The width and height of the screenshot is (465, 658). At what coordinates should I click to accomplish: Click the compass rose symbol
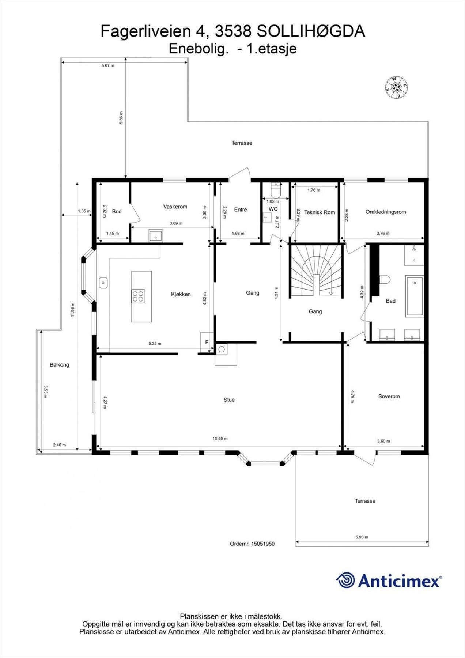click(396, 87)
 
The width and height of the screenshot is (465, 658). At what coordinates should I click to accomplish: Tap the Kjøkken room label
click(181, 294)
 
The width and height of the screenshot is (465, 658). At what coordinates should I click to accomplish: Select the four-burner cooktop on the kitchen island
click(138, 296)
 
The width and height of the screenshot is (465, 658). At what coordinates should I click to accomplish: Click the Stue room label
click(229, 400)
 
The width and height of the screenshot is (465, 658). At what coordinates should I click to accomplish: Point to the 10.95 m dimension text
click(220, 439)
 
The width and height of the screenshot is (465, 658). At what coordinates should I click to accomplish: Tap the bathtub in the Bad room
click(414, 296)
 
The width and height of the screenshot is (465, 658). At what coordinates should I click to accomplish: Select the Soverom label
click(389, 396)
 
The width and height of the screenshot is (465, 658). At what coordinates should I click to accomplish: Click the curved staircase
click(316, 271)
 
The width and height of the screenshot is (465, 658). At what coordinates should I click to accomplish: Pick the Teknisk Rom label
click(320, 212)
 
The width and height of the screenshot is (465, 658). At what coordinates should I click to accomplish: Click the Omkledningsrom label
click(386, 212)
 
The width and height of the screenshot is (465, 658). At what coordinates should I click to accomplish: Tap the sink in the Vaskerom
click(156, 235)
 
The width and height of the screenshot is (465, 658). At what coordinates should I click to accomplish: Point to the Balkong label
click(59, 365)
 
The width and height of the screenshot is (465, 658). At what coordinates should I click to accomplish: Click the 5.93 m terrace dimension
click(362, 537)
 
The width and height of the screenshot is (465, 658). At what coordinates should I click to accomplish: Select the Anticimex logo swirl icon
click(345, 580)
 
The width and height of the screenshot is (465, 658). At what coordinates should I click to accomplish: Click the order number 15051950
click(263, 544)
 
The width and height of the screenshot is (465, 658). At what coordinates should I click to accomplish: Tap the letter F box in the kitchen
click(207, 343)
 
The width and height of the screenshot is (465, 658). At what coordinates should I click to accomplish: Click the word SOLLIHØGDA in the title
click(311, 32)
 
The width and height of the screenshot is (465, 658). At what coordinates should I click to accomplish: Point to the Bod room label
click(117, 212)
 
